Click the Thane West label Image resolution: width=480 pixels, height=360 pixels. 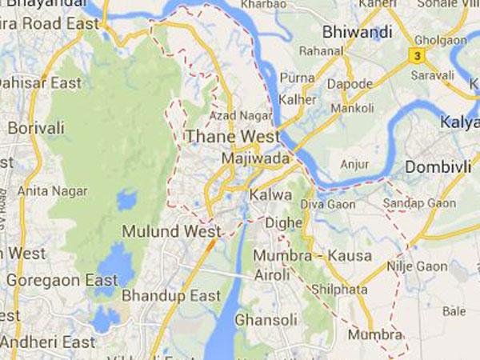[x=233, y=138]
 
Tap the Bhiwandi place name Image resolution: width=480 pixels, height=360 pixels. [x=356, y=33]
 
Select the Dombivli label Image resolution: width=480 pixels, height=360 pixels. [x=435, y=167]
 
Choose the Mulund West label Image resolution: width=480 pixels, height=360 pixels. [x=171, y=232]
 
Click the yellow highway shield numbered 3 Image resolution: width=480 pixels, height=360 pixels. [x=415, y=54]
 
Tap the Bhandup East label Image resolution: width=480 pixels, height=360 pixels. [x=171, y=296]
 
